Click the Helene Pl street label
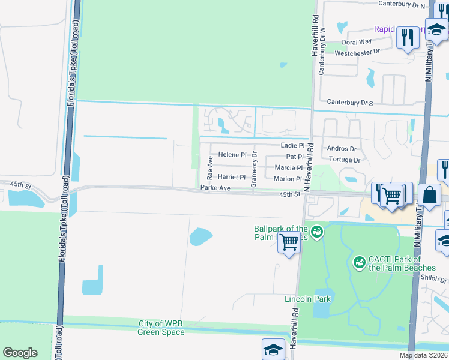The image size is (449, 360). coord(232,155)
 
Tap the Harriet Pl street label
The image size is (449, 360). coord(232,178)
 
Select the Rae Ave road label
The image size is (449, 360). coord(210,167)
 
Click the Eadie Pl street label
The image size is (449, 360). coord(293,146)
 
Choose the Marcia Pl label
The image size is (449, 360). coord(289,168)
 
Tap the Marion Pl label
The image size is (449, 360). coord(288,179)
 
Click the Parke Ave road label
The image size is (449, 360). coord(215,188)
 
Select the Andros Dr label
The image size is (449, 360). coord(342,149)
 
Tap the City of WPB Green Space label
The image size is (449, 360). coord(161,328)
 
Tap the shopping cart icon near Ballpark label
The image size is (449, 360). coord(289,243)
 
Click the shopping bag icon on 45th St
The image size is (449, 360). coord(430,194)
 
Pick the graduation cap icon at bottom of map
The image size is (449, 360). coord(273,349)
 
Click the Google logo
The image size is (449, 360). coord(20,352)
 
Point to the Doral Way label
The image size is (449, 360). coord(357,42)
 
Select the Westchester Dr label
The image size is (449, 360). coord(358,53)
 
